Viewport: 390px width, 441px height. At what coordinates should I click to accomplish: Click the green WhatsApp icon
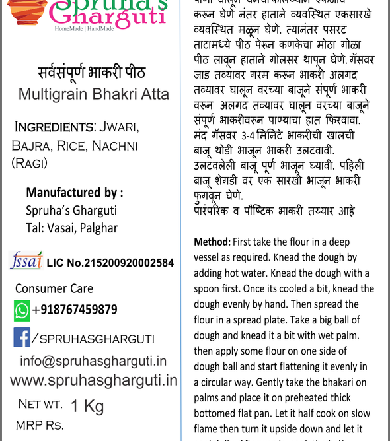(x=22, y=310)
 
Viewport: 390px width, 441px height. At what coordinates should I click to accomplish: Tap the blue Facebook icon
(x=22, y=337)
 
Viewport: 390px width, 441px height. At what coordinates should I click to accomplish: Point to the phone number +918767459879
(x=75, y=310)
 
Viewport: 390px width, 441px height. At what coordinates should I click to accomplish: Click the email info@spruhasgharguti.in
(x=93, y=361)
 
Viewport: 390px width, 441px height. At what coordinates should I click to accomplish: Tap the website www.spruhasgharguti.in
(x=95, y=380)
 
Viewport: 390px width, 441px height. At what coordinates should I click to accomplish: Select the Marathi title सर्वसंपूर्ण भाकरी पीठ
(x=91, y=72)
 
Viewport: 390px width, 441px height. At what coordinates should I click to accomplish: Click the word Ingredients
(x=54, y=127)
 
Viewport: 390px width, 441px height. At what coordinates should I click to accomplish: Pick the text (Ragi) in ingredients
(x=30, y=162)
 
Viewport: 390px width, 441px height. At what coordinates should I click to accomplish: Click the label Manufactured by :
(x=74, y=193)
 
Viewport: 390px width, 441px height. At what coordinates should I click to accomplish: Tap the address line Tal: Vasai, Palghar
(x=71, y=228)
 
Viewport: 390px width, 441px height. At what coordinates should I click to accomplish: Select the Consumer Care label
(x=54, y=288)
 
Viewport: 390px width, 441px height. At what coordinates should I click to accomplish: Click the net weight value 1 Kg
(x=87, y=406)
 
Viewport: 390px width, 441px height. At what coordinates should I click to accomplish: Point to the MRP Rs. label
(x=40, y=425)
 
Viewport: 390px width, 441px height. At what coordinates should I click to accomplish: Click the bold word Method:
(x=211, y=242)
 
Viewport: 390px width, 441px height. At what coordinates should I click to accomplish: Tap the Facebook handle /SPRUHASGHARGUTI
(x=93, y=339)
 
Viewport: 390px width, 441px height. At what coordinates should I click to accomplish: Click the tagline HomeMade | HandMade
(x=84, y=29)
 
